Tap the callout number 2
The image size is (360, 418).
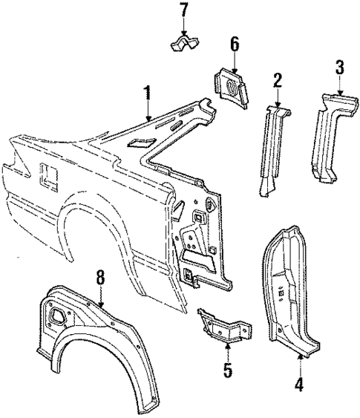tap(278, 80)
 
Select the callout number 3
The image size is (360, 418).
tap(339, 68)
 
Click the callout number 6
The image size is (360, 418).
tap(234, 45)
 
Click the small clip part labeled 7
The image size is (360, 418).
tap(183, 45)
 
